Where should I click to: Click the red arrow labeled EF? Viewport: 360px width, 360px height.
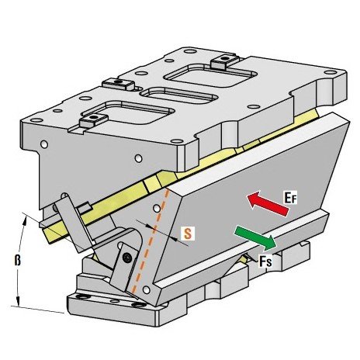[x=268, y=204]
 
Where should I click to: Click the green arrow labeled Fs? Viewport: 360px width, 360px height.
[x=255, y=237]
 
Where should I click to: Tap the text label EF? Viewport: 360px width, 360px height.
[x=291, y=198]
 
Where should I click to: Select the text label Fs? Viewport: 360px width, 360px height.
[x=265, y=261]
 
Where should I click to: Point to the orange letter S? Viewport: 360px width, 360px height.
[x=188, y=233]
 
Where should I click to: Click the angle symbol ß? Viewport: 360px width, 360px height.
[x=17, y=260]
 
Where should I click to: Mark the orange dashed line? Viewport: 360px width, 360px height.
[x=151, y=241]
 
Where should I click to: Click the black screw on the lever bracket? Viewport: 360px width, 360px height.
[x=127, y=258]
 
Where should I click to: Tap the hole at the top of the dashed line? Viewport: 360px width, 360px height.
[x=157, y=208]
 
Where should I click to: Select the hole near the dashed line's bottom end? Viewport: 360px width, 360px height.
[x=147, y=289]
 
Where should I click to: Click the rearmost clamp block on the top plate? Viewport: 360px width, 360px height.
[x=223, y=62]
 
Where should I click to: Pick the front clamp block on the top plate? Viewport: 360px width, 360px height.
[x=93, y=120]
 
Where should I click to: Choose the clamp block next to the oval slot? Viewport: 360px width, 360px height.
[x=119, y=84]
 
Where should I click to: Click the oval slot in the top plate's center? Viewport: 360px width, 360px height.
[x=181, y=95]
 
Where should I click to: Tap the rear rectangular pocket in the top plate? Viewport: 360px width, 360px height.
[x=210, y=76]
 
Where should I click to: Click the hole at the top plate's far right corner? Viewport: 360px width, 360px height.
[x=331, y=72]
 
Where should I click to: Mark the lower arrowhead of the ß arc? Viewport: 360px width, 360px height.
[x=18, y=302]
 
